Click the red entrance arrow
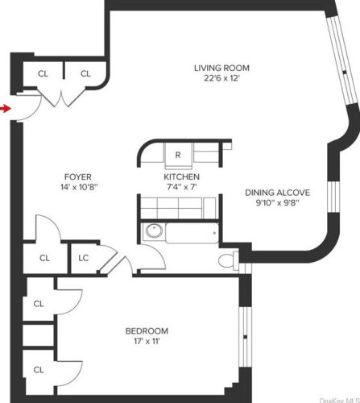(x=5, y=109)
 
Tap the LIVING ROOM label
(x=221, y=68)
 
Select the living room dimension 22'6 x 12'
(x=221, y=78)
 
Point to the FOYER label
(x=78, y=177)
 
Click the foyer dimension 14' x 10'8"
(x=79, y=187)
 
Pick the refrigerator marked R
(x=178, y=156)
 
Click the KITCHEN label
(x=181, y=177)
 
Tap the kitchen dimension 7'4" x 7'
(x=182, y=187)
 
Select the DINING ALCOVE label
(x=277, y=193)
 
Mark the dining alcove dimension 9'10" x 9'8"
(x=277, y=202)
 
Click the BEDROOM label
(x=147, y=331)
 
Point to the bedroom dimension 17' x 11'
(x=147, y=341)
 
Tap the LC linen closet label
(x=84, y=258)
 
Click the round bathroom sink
(x=154, y=231)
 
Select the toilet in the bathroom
(x=228, y=260)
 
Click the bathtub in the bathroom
(x=192, y=233)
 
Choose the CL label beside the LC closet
(x=44, y=258)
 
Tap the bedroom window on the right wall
(x=245, y=337)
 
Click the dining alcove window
(x=333, y=197)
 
